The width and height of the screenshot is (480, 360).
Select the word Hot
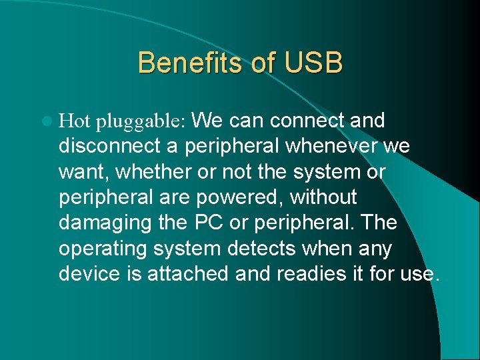tap(75, 121)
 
